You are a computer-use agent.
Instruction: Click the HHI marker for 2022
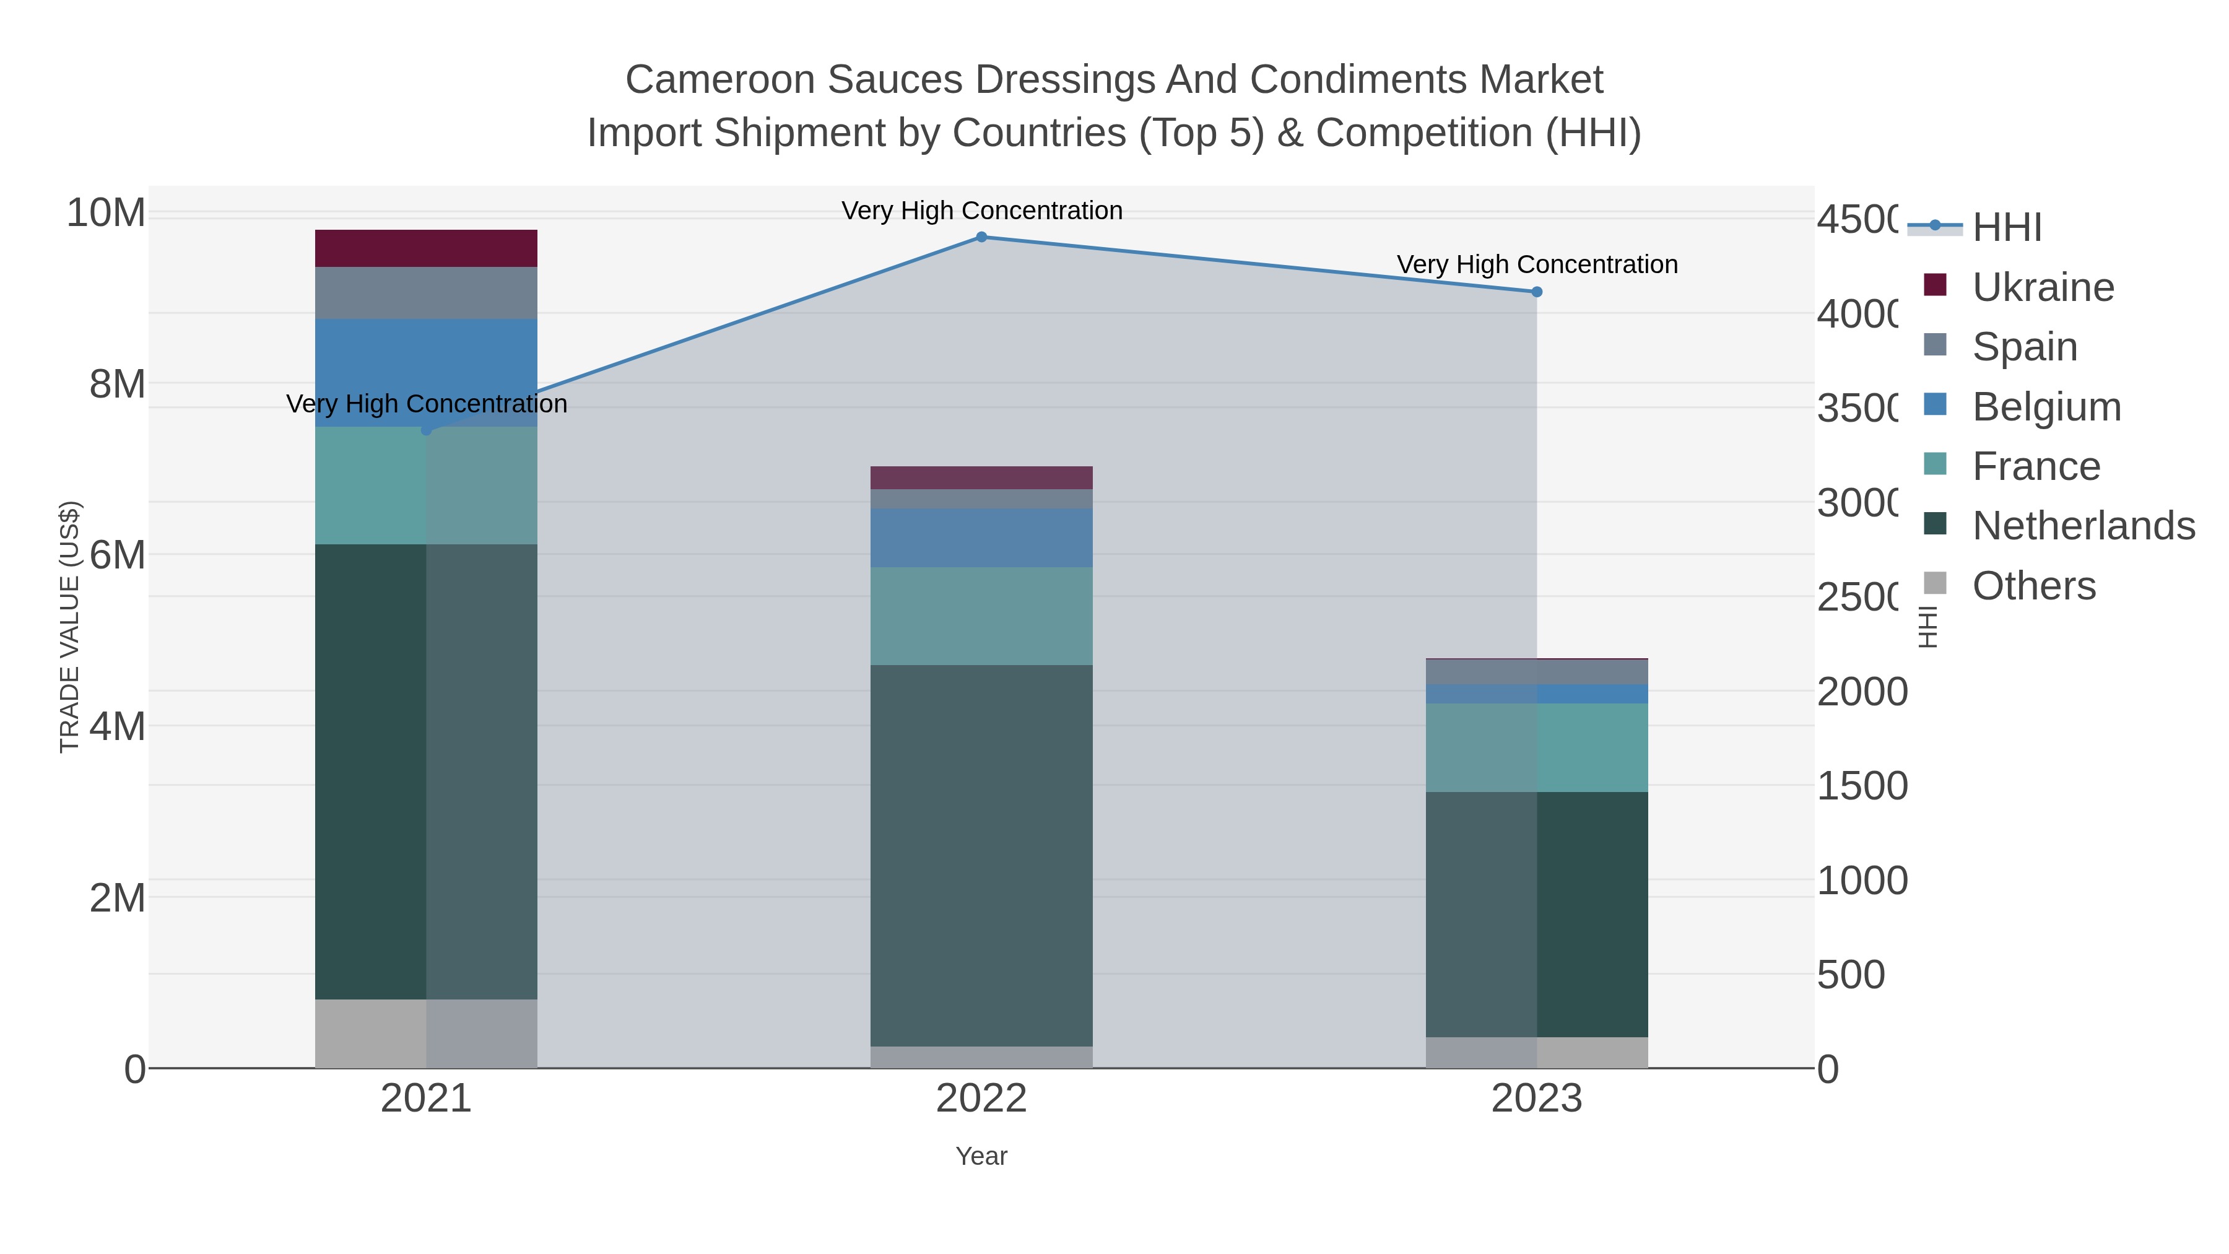[981, 237]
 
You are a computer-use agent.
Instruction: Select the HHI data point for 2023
[1537, 292]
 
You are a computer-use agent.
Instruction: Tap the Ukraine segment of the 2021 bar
[426, 248]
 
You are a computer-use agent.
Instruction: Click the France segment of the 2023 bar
[1537, 747]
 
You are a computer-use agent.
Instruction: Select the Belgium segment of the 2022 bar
[981, 538]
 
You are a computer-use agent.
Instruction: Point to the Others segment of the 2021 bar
[426, 1034]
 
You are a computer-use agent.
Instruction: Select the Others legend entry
[2033, 586]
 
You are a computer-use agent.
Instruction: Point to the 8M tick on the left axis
[118, 383]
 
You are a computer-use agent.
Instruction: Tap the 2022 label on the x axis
[981, 1098]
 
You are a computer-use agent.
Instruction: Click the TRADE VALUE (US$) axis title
[69, 627]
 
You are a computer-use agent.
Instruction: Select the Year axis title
[981, 1156]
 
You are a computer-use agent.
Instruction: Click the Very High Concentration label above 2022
[981, 211]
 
